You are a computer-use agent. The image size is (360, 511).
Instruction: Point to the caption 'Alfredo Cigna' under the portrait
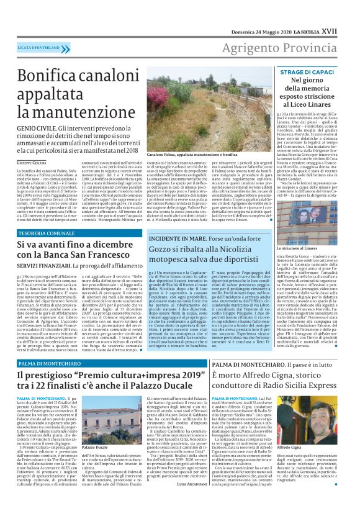[319, 464]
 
